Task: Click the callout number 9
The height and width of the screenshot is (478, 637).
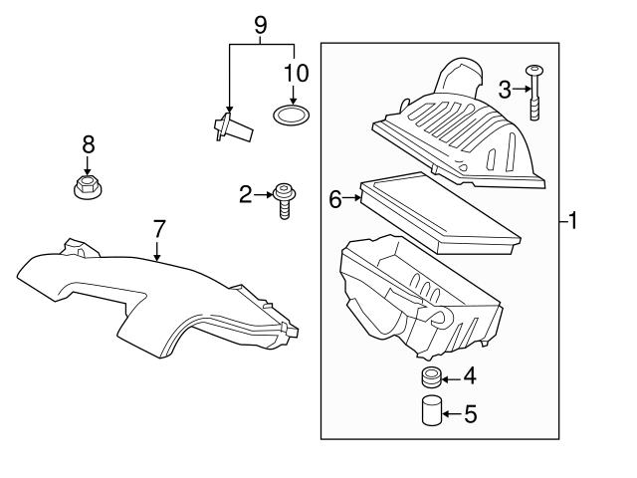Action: click(261, 25)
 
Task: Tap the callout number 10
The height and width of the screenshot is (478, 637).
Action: click(297, 74)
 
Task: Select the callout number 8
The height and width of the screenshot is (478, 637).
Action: click(89, 144)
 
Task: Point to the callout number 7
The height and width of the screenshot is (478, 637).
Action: click(159, 229)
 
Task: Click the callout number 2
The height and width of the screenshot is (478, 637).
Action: click(246, 195)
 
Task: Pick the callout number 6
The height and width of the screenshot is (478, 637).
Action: click(335, 199)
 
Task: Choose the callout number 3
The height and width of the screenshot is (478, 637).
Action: click(505, 90)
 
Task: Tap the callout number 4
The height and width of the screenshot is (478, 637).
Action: click(470, 375)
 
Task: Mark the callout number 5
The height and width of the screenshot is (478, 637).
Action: click(471, 414)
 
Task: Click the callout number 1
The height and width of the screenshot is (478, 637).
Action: click(572, 221)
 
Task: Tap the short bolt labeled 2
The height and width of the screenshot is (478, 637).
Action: click(285, 201)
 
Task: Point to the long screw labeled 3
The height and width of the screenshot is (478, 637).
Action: click(534, 93)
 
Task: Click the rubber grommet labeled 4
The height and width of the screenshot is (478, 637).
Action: click(431, 376)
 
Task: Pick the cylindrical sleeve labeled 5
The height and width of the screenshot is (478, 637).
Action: click(431, 410)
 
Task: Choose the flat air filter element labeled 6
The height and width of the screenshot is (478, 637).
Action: click(440, 213)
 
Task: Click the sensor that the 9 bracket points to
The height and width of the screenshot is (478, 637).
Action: click(233, 127)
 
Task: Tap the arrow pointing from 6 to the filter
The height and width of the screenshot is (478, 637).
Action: click(351, 198)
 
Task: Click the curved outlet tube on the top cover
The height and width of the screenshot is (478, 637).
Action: click(460, 77)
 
